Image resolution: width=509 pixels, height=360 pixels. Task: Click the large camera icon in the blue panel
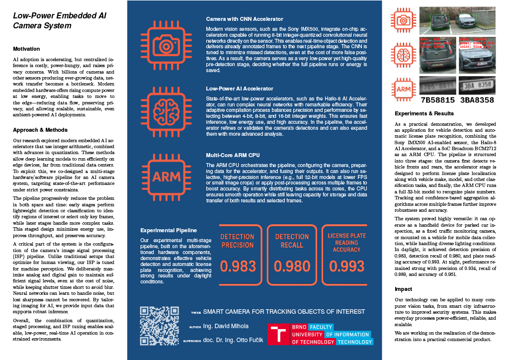[x=166, y=44]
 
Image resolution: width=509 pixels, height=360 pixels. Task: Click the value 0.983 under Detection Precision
[x=238, y=267]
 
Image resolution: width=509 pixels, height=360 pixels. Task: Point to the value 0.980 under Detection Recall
[x=292, y=267]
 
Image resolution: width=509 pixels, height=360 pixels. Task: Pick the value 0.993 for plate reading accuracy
[x=346, y=267]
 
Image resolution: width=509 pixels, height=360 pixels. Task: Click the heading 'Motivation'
[x=26, y=49]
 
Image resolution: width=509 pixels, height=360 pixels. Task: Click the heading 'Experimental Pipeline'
[x=169, y=230]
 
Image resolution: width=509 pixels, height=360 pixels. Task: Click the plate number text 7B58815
[x=437, y=100]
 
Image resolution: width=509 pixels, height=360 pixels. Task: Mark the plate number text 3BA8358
[x=477, y=100]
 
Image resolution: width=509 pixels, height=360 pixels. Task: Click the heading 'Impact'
[x=403, y=289]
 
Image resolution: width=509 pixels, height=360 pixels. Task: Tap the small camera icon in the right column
[x=405, y=20]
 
